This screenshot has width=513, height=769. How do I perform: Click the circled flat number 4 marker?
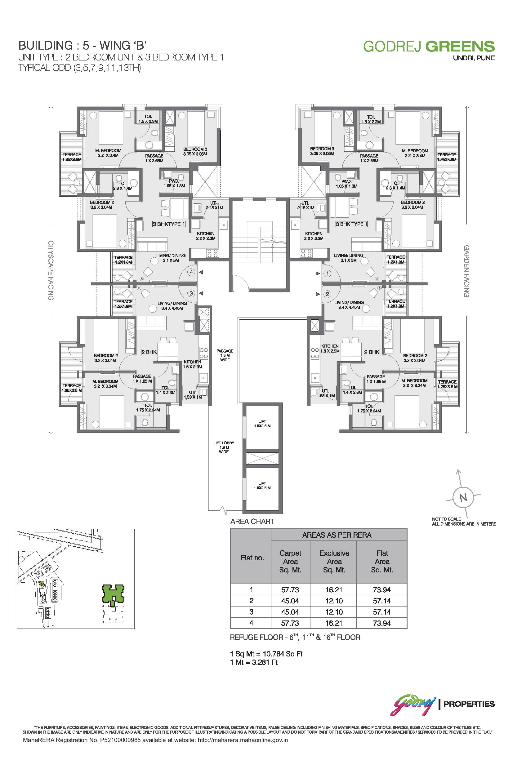(x=191, y=273)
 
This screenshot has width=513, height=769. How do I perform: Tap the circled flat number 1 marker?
(x=328, y=273)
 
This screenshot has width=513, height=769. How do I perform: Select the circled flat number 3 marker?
(x=191, y=293)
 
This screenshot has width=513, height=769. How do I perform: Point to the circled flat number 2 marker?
(x=328, y=294)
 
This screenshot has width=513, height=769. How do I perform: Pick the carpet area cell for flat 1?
(x=290, y=590)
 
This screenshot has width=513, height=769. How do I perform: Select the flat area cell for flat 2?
(x=382, y=601)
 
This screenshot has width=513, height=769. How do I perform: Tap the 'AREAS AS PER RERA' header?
(x=337, y=536)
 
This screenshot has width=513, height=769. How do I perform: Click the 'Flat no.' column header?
(x=252, y=558)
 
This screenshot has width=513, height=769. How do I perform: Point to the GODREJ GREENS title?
(x=429, y=47)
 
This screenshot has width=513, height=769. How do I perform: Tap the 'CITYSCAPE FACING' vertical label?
(x=51, y=270)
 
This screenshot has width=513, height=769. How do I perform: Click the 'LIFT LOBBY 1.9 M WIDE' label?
(x=224, y=447)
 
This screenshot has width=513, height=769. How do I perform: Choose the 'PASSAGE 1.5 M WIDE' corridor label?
(x=225, y=356)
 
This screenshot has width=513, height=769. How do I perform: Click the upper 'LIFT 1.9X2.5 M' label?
(x=262, y=424)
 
